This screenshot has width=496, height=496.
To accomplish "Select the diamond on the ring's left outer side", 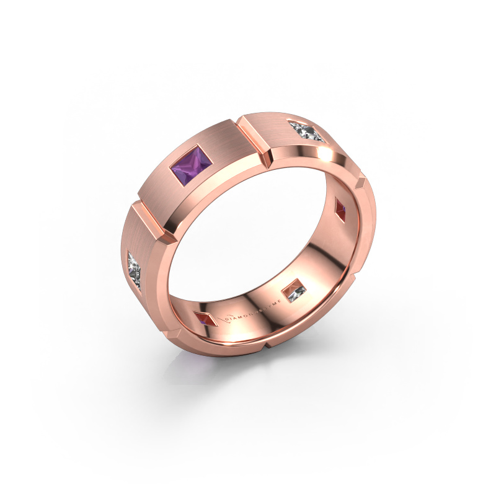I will pos(138,270).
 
